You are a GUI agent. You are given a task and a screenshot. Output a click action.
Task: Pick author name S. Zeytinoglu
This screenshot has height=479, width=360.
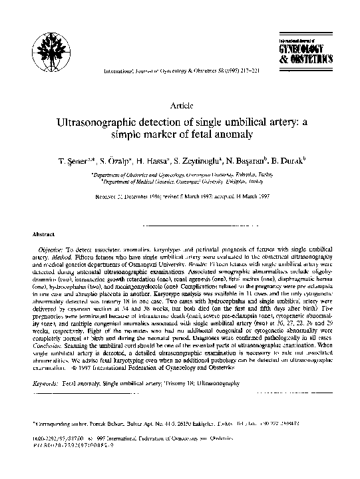click(x=200, y=164)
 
